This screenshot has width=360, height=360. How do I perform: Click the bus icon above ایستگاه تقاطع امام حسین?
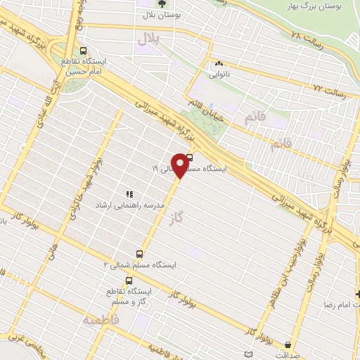pos(84,51)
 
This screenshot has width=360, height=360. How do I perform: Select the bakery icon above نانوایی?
pos(219,63)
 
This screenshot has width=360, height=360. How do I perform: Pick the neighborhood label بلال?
pos(149,39)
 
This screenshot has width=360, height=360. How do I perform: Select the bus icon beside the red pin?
pos(191,158)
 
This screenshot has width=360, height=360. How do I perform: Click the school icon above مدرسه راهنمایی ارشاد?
pos(129,193)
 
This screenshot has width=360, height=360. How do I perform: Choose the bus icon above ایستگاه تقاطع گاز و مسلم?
pos(127,280)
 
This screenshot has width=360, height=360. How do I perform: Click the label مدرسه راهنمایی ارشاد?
pos(154,205)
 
